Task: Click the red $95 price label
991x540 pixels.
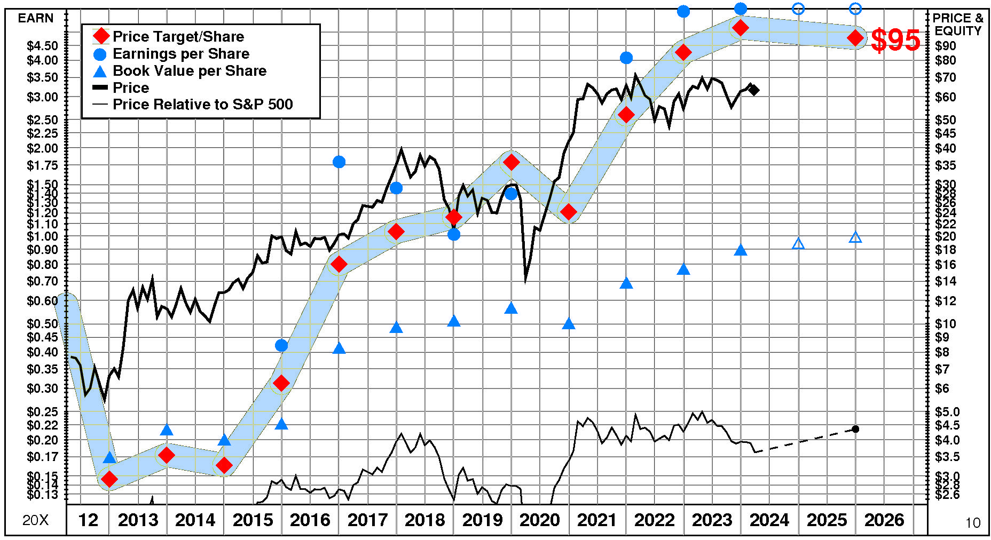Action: point(895,40)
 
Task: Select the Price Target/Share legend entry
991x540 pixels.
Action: point(178,37)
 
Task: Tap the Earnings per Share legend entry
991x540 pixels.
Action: point(180,54)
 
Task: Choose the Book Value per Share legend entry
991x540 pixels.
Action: point(189,71)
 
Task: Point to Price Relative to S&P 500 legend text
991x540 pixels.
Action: point(202,105)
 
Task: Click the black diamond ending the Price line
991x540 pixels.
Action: point(753,90)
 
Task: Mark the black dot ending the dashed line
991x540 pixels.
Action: point(855,429)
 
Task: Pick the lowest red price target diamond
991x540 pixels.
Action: point(109,479)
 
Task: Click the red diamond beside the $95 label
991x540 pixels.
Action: point(855,38)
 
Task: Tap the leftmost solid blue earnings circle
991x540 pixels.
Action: point(281,346)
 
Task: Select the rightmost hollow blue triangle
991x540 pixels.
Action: point(855,237)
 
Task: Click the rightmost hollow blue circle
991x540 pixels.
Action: point(855,8)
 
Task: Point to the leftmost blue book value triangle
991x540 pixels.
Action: point(109,458)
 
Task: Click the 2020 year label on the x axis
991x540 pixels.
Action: point(539,520)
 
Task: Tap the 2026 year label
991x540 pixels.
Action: point(884,520)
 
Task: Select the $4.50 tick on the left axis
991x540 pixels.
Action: point(42,46)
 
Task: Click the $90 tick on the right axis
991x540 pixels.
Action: point(946,46)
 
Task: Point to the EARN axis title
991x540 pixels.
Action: point(36,18)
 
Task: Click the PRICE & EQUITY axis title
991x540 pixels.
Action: point(958,25)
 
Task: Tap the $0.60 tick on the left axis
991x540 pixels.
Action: point(42,301)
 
